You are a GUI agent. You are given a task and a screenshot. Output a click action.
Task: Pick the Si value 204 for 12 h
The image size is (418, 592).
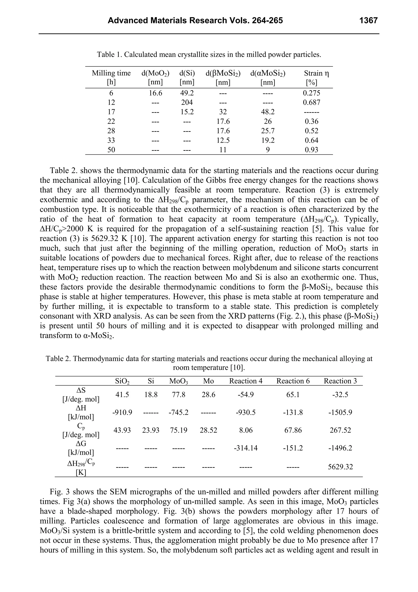coord(187,103)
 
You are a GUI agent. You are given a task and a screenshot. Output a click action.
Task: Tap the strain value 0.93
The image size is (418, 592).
coord(311,150)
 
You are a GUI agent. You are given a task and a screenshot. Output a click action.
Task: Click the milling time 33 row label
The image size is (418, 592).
coord(111,141)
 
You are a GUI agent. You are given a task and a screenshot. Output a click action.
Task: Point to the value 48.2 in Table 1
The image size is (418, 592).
coord(268,112)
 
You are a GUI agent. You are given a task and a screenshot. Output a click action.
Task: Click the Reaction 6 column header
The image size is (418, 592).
coord(293,381)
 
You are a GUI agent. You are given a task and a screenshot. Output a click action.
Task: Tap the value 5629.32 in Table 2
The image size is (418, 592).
coord(340,467)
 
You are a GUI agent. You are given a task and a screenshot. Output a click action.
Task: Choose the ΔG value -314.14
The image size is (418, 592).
coord(246,448)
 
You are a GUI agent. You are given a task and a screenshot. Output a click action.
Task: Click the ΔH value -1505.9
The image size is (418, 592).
coord(340,413)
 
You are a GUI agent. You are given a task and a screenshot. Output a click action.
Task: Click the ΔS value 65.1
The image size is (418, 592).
coord(293,395)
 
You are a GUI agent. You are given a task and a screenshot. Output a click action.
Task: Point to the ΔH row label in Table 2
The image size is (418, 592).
coord(81,408)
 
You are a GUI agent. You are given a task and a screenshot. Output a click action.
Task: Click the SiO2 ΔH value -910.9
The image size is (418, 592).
coord(122,413)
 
